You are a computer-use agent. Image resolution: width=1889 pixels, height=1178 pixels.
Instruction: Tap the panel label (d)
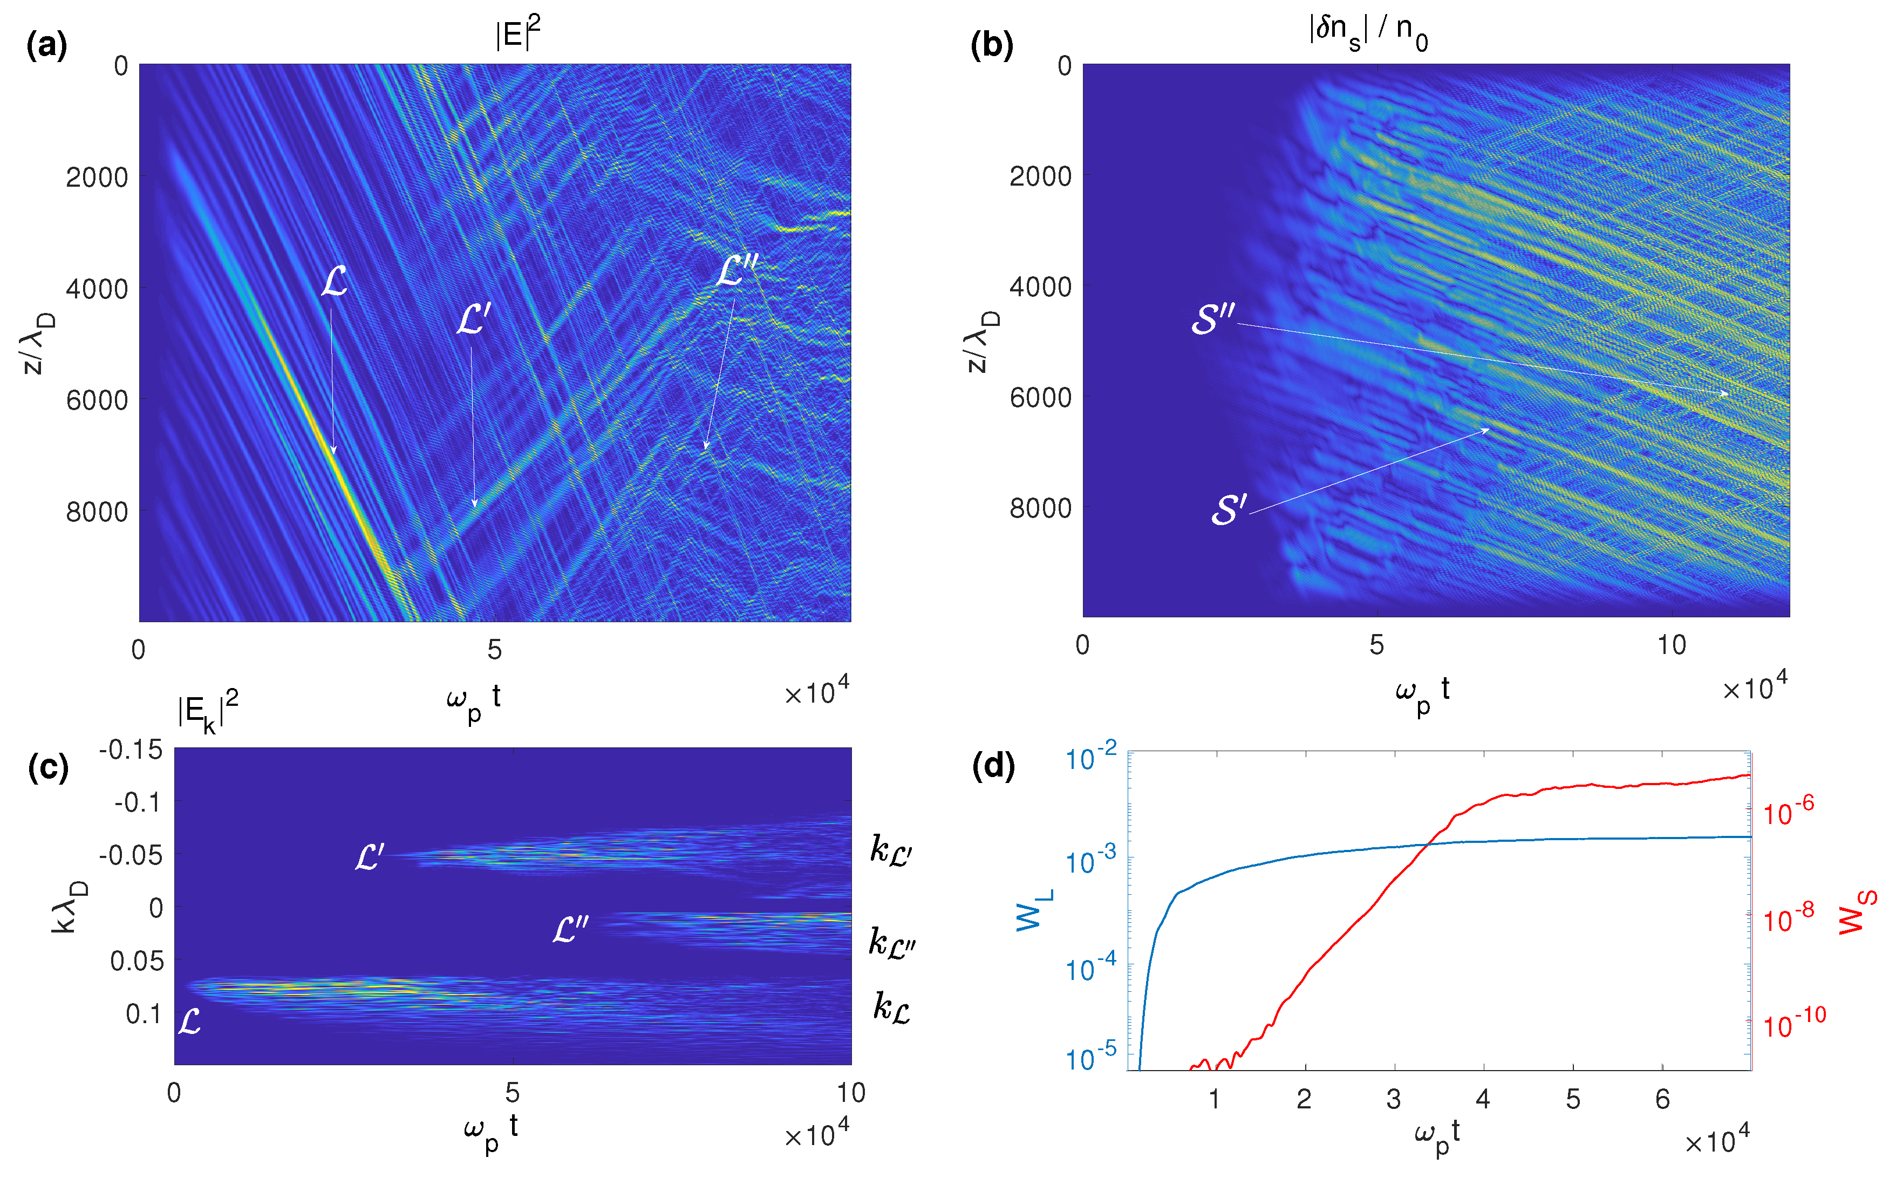(x=993, y=767)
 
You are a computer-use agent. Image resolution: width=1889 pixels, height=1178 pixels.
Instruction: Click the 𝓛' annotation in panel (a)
(x=473, y=320)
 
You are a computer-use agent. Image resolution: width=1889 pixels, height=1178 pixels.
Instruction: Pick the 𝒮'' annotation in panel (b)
(x=1213, y=319)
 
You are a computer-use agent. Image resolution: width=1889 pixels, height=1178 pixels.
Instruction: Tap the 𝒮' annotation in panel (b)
(x=1229, y=510)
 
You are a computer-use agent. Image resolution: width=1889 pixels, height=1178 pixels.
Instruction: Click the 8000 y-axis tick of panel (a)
(x=97, y=512)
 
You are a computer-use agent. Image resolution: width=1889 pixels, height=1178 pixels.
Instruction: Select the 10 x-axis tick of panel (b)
(x=1671, y=645)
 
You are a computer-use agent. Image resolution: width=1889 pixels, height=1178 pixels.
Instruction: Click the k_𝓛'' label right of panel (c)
(x=892, y=942)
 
